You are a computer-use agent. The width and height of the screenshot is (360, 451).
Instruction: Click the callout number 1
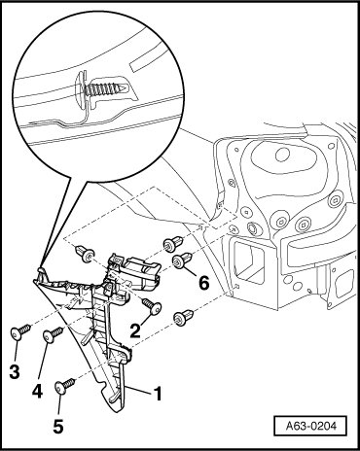point(157,394)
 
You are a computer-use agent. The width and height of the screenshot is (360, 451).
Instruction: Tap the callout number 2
point(135,330)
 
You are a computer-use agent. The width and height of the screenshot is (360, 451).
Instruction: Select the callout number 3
point(15,371)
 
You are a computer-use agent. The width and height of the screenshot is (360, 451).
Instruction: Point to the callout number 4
point(37,392)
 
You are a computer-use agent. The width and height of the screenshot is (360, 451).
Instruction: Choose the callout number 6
point(204,284)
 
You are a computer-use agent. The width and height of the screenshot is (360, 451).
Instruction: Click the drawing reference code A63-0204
point(311,426)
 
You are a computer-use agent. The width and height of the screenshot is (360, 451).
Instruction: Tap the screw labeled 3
point(20,331)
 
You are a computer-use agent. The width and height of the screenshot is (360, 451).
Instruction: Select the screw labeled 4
point(53,335)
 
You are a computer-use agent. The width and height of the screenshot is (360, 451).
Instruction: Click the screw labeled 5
point(65,386)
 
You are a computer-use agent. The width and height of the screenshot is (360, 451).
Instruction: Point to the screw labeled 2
point(152,306)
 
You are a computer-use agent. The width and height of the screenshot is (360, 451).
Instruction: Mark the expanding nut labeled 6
point(183,260)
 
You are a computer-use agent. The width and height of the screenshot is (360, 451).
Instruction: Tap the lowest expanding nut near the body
point(183,317)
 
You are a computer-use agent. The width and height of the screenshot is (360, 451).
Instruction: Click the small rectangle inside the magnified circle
point(142,64)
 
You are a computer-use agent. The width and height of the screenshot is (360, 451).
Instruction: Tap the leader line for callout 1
point(138,390)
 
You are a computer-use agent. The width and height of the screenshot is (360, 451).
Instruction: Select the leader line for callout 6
point(190,270)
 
